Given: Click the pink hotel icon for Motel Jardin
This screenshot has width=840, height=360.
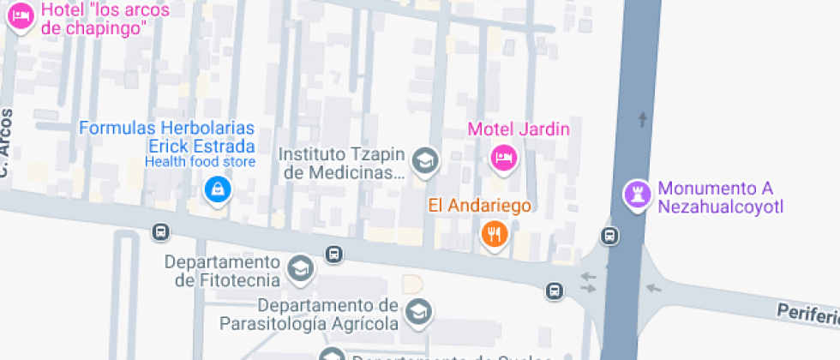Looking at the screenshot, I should click(503, 158).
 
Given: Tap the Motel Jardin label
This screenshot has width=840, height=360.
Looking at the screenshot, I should click(519, 130).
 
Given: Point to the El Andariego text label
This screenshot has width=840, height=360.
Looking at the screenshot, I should click(480, 206).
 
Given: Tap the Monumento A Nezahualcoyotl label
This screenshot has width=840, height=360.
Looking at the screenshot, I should click(720, 197).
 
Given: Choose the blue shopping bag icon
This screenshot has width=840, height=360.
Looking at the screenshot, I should click(218, 189).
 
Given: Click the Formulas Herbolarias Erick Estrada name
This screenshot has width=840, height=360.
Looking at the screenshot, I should click(166, 137).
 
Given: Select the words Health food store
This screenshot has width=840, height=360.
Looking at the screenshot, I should click(200, 162).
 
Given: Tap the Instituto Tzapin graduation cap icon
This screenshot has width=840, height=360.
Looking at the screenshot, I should click(423, 159).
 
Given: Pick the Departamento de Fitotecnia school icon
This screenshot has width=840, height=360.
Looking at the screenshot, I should click(300, 268).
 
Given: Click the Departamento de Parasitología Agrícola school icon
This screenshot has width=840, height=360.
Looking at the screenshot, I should click(418, 312).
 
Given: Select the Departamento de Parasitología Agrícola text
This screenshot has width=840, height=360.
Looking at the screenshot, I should click(310, 315).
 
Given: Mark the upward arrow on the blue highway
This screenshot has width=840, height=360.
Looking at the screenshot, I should click(643, 118).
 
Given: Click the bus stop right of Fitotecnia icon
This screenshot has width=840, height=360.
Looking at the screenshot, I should click(333, 255).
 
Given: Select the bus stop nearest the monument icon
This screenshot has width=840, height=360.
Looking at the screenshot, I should click(609, 236).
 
